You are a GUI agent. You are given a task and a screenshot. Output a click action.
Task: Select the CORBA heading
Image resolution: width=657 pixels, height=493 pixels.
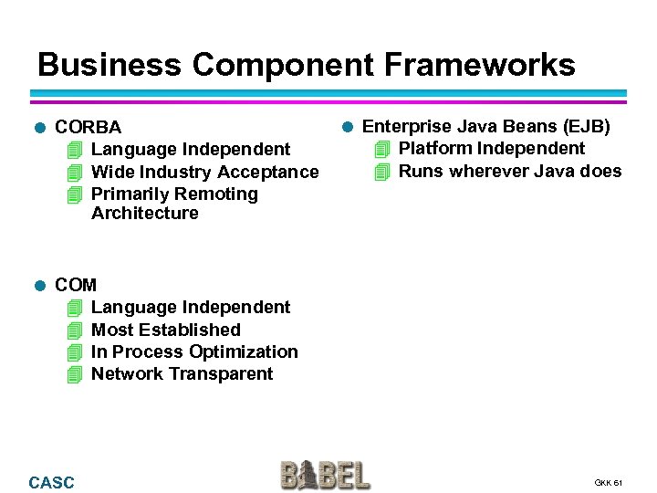[x=88, y=128]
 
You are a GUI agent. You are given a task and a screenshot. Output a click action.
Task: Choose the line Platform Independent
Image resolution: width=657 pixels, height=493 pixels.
[x=492, y=148]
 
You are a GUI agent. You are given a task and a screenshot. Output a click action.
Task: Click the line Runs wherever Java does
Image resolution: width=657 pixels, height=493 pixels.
[x=509, y=171]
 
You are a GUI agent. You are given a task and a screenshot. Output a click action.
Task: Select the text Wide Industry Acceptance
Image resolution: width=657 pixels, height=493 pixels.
[x=205, y=172]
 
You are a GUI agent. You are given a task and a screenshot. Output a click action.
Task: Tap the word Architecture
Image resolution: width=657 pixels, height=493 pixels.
[x=144, y=213]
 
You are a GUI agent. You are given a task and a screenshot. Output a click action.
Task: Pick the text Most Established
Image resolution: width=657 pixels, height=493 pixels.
[x=165, y=330]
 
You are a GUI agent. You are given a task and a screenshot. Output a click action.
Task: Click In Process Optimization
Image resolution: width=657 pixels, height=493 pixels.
[x=194, y=351]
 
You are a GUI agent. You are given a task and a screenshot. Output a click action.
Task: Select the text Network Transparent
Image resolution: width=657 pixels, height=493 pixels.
[x=182, y=373]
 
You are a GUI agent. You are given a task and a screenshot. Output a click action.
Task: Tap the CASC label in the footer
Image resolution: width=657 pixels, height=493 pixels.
[x=52, y=482]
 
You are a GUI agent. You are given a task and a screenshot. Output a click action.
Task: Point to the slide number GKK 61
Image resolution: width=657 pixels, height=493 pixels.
[x=608, y=482]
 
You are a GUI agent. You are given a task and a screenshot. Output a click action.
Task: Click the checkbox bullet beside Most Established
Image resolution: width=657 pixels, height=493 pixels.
[x=75, y=330]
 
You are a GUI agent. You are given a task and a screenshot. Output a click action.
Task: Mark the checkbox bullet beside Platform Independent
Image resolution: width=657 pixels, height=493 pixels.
[x=382, y=148]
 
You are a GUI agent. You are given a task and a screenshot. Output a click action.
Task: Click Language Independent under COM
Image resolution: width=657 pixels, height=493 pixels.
[x=191, y=307]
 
